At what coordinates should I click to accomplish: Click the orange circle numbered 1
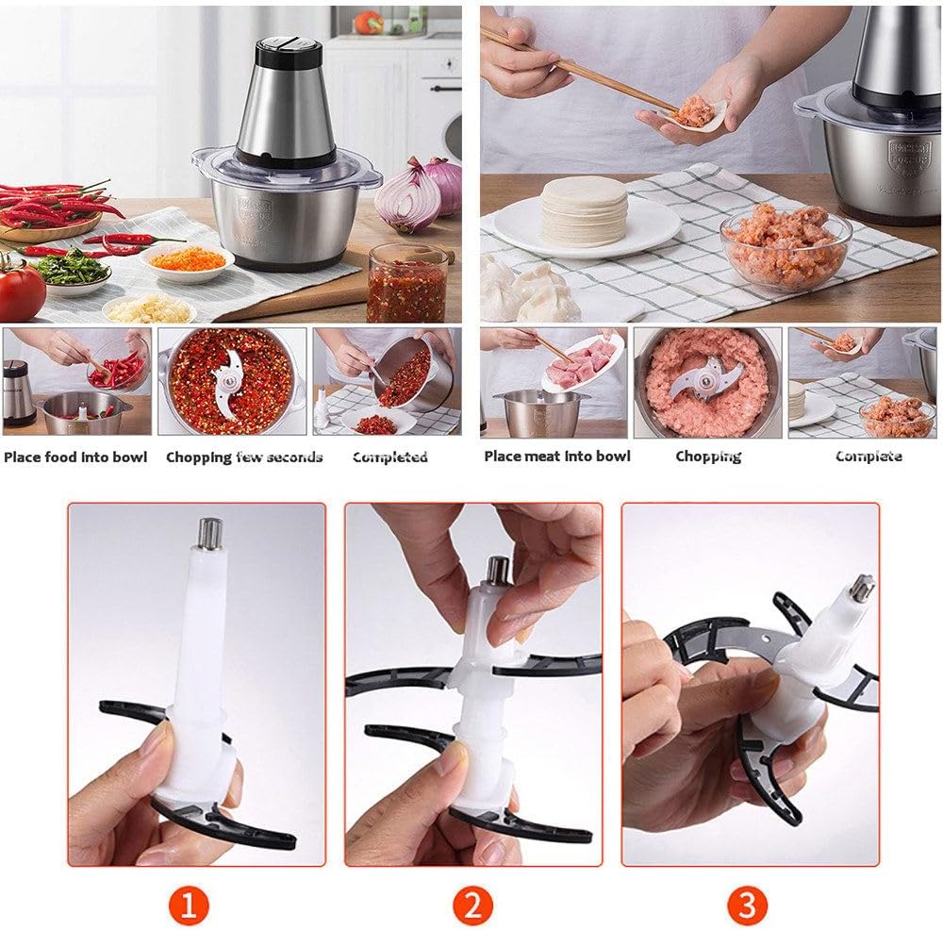click(x=189, y=907)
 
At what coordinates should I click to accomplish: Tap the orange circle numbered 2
click(x=472, y=907)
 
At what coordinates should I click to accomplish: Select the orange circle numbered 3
click(x=747, y=907)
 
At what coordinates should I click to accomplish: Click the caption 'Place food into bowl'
click(x=75, y=457)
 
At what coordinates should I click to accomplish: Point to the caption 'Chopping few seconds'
click(x=244, y=457)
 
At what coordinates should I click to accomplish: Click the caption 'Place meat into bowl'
click(x=556, y=457)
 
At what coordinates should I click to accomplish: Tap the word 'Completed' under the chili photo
click(x=390, y=457)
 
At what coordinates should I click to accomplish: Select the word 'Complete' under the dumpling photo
click(x=869, y=457)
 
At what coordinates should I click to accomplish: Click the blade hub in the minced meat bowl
click(x=704, y=379)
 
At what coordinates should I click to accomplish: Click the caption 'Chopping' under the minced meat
click(x=708, y=457)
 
